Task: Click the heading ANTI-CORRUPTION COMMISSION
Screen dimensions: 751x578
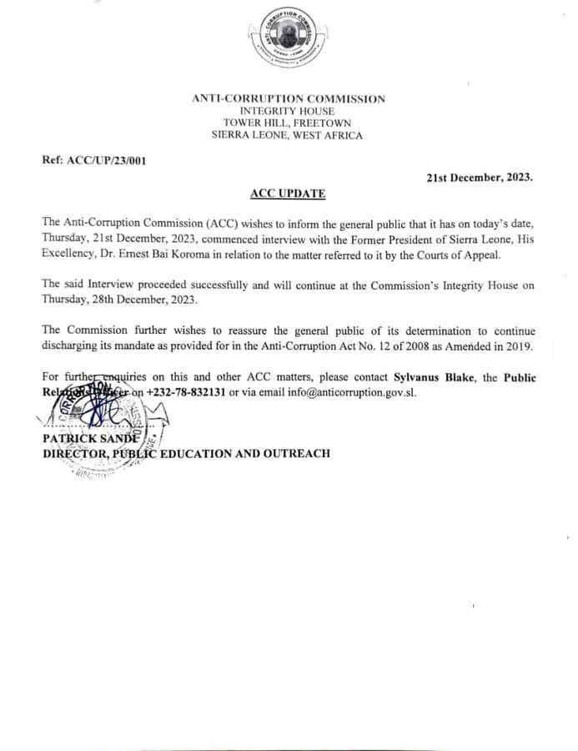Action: point(289,98)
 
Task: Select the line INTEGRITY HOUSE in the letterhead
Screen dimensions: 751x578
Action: point(288,111)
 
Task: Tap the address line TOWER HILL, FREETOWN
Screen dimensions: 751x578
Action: point(288,123)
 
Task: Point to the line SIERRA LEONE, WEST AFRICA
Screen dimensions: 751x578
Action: point(288,136)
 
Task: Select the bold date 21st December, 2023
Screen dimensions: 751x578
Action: point(480,178)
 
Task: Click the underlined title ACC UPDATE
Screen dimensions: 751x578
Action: point(288,194)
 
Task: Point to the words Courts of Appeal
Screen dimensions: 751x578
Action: point(461,254)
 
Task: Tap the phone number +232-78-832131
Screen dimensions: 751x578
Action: point(188,393)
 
